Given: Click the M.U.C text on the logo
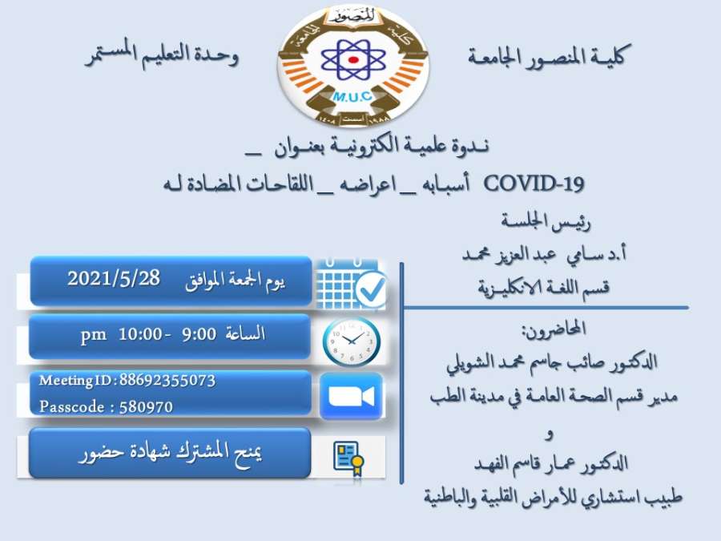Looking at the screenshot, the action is point(352,97).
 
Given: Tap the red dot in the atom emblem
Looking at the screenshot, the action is point(353,60).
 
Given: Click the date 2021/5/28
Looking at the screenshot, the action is point(114,279).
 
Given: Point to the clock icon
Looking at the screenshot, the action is point(352,341).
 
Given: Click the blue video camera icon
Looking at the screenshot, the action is point(352,396).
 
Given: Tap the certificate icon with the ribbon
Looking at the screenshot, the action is point(348,458).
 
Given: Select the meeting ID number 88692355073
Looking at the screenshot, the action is point(167,381).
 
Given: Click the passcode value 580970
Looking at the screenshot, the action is point(146,407).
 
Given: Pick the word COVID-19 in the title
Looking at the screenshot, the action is point(534,184).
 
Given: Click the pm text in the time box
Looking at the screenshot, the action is point(94,335).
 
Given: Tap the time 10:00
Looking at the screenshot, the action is point(139,334).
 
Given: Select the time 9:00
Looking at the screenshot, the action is point(199,334).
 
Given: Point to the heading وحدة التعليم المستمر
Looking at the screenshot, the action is point(162,55).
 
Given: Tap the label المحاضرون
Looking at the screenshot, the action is point(554,329).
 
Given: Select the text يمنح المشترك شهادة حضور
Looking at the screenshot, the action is point(170,453).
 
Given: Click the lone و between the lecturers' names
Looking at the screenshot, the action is point(549,434).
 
